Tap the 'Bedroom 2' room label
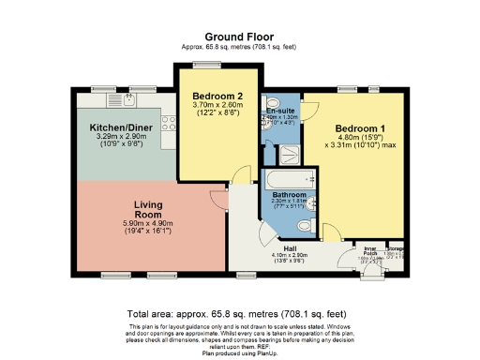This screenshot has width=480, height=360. pos(217,96)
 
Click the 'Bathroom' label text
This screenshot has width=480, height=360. pos(289,194)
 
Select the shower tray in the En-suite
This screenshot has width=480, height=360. pos(288,153)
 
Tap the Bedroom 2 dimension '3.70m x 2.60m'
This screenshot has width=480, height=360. pos(217,106)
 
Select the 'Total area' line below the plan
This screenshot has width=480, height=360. pos(240,314)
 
